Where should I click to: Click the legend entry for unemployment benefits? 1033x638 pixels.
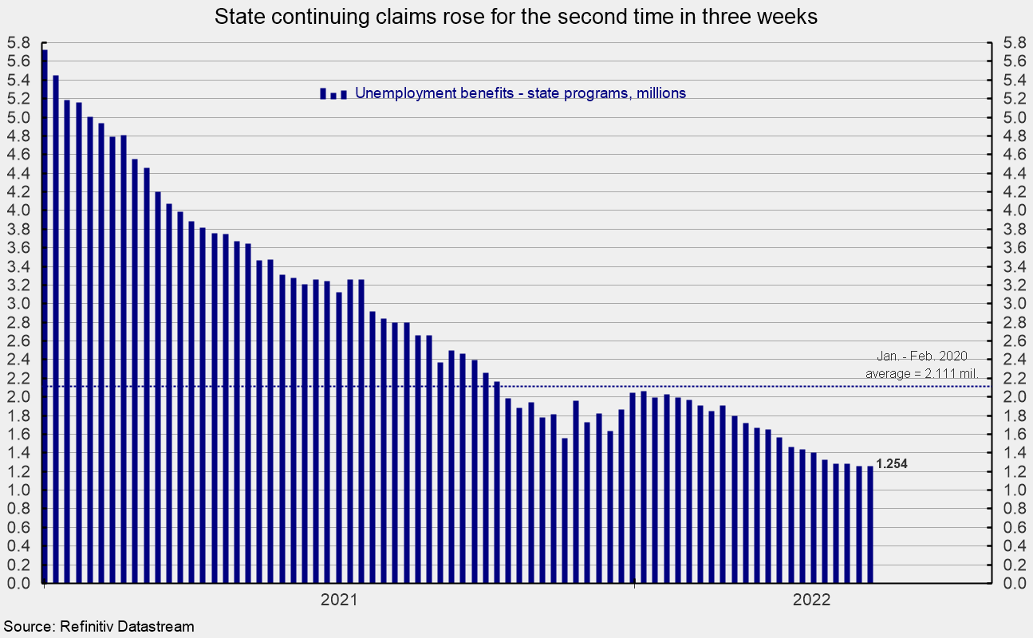pos(520,93)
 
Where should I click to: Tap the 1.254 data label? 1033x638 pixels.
pos(891,464)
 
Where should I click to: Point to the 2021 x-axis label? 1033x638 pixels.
pos(338,601)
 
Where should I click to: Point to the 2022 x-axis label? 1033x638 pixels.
pos(812,601)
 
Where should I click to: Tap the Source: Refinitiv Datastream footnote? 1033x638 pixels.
pos(98,627)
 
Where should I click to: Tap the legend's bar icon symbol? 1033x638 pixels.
pos(333,93)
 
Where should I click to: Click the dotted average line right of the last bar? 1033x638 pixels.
pos(933,387)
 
